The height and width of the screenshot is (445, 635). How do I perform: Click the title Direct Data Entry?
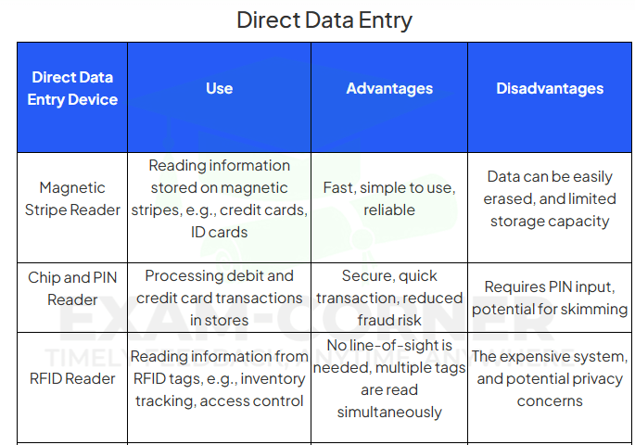pyautogui.click(x=324, y=20)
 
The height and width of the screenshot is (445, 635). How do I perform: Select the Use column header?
pyautogui.click(x=219, y=88)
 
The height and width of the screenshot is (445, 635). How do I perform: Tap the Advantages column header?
pyautogui.click(x=389, y=88)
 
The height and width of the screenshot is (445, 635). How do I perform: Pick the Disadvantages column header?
pyautogui.click(x=550, y=88)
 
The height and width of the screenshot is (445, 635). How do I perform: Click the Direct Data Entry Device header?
pyautogui.click(x=72, y=88)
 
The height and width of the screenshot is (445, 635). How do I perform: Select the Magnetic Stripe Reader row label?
pyautogui.click(x=72, y=198)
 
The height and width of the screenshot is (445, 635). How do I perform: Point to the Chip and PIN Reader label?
pyautogui.click(x=72, y=288)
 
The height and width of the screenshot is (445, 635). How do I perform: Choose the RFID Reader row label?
pyautogui.click(x=72, y=378)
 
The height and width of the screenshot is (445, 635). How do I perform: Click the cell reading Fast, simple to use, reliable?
pyautogui.click(x=389, y=198)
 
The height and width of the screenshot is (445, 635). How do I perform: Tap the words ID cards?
pyautogui.click(x=219, y=232)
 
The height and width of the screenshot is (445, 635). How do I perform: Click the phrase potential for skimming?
pyautogui.click(x=550, y=309)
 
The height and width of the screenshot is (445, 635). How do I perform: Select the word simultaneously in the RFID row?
pyautogui.click(x=389, y=413)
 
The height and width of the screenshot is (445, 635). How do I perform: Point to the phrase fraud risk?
pyautogui.click(x=389, y=320)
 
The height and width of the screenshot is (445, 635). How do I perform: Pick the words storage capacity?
pyautogui.click(x=550, y=222)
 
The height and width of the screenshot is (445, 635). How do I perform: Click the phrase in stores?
pyautogui.click(x=219, y=320)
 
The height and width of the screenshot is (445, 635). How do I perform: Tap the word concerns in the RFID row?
pyautogui.click(x=550, y=400)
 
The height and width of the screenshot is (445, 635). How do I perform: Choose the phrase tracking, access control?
pyautogui.click(x=219, y=400)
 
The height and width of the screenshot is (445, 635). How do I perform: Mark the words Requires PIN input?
pyautogui.click(x=550, y=286)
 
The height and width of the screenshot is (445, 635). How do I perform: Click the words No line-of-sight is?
pyautogui.click(x=389, y=346)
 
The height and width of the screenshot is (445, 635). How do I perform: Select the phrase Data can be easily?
pyautogui.click(x=550, y=176)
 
